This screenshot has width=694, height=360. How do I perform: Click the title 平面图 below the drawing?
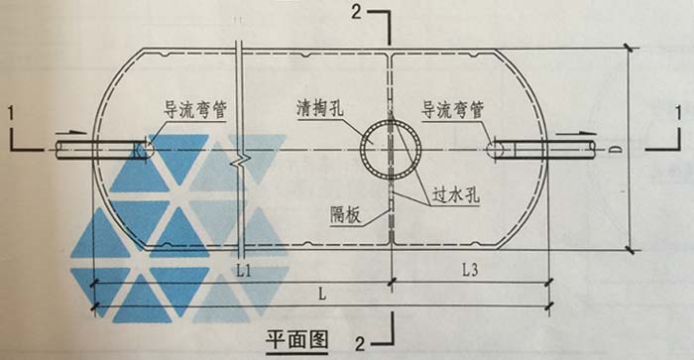(297, 340)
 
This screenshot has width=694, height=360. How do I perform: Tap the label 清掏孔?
(320, 108)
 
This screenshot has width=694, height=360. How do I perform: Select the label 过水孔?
(456, 194)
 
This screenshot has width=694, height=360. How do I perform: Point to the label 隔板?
(346, 215)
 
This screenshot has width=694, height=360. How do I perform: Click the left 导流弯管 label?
(195, 110)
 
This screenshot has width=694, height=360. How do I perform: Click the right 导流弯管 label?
(452, 110)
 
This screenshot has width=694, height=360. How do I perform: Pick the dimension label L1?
(244, 271)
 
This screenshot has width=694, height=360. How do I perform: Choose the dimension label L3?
(470, 270)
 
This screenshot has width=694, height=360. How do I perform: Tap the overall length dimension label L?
(322, 294)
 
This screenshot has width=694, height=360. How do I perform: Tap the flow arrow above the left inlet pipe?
(70, 132)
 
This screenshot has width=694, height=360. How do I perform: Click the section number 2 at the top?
(357, 11)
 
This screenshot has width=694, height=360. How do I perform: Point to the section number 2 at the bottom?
(360, 343)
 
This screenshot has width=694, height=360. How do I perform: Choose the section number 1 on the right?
(678, 113)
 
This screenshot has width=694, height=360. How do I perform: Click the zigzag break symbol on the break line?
(239, 161)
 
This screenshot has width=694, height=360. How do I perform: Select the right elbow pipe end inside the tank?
(495, 149)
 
